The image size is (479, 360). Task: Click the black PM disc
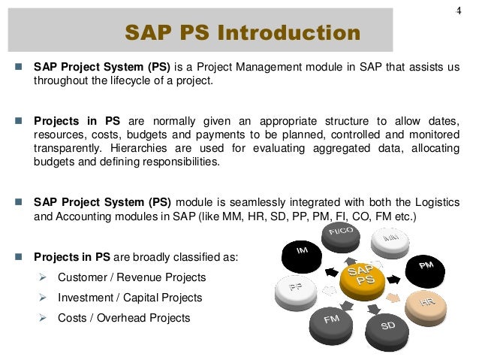[424, 265]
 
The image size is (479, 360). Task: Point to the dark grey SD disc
[388, 325]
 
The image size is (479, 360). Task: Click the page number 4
[458, 10]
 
